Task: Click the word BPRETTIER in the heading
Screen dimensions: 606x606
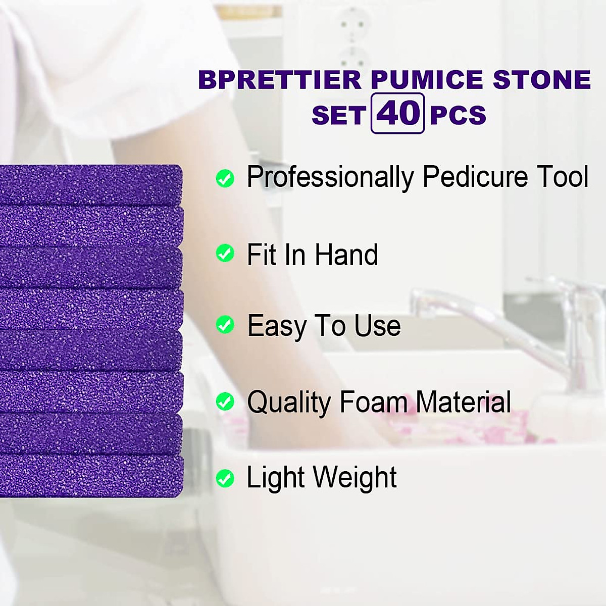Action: tap(280, 80)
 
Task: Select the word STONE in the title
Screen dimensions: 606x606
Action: tap(541, 80)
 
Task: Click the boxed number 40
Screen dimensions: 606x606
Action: tap(397, 114)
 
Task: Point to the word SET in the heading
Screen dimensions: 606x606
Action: tap(338, 115)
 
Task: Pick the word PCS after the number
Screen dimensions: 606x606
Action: tap(458, 115)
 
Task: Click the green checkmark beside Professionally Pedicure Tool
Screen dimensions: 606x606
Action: tap(225, 178)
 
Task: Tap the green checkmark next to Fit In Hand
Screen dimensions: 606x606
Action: tap(225, 254)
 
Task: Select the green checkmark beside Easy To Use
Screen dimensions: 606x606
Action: tap(225, 325)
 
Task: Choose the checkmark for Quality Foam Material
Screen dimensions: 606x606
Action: tap(225, 402)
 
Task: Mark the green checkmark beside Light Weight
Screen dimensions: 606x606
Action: tap(225, 478)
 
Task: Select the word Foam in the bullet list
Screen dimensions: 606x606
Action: tap(373, 402)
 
